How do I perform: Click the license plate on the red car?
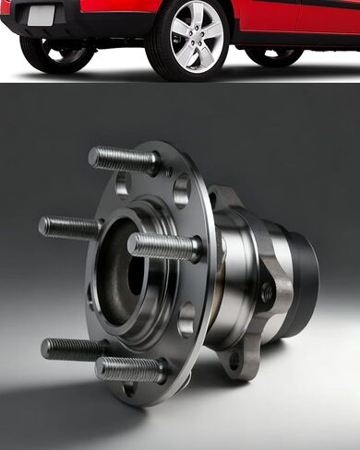tap(42, 15)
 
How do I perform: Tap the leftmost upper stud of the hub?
tap(69, 225)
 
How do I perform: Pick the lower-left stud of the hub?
tap(72, 349)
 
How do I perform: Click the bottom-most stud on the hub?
tap(129, 369)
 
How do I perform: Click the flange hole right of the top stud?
tap(181, 190)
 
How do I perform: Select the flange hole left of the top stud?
tap(122, 184)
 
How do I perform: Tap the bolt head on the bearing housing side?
tap(268, 293)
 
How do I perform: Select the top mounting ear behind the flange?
tap(224, 197)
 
